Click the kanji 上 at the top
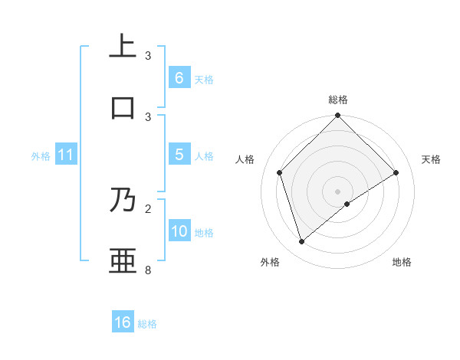(x=123, y=47)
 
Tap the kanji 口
(x=123, y=108)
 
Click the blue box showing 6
(x=179, y=78)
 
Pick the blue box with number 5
(x=179, y=155)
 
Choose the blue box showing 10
(x=179, y=231)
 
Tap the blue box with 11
(x=65, y=155)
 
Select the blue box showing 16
(x=123, y=322)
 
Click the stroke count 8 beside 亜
(x=148, y=270)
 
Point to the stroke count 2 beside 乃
(x=148, y=208)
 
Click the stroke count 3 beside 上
(x=148, y=56)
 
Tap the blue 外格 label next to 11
(x=41, y=155)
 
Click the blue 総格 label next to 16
(x=147, y=323)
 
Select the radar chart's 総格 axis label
(x=338, y=100)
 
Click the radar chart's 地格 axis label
(x=402, y=262)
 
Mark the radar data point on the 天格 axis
(x=396, y=172)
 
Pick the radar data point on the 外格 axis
(x=302, y=242)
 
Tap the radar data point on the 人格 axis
(x=280, y=172)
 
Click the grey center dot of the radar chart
(x=338, y=191)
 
